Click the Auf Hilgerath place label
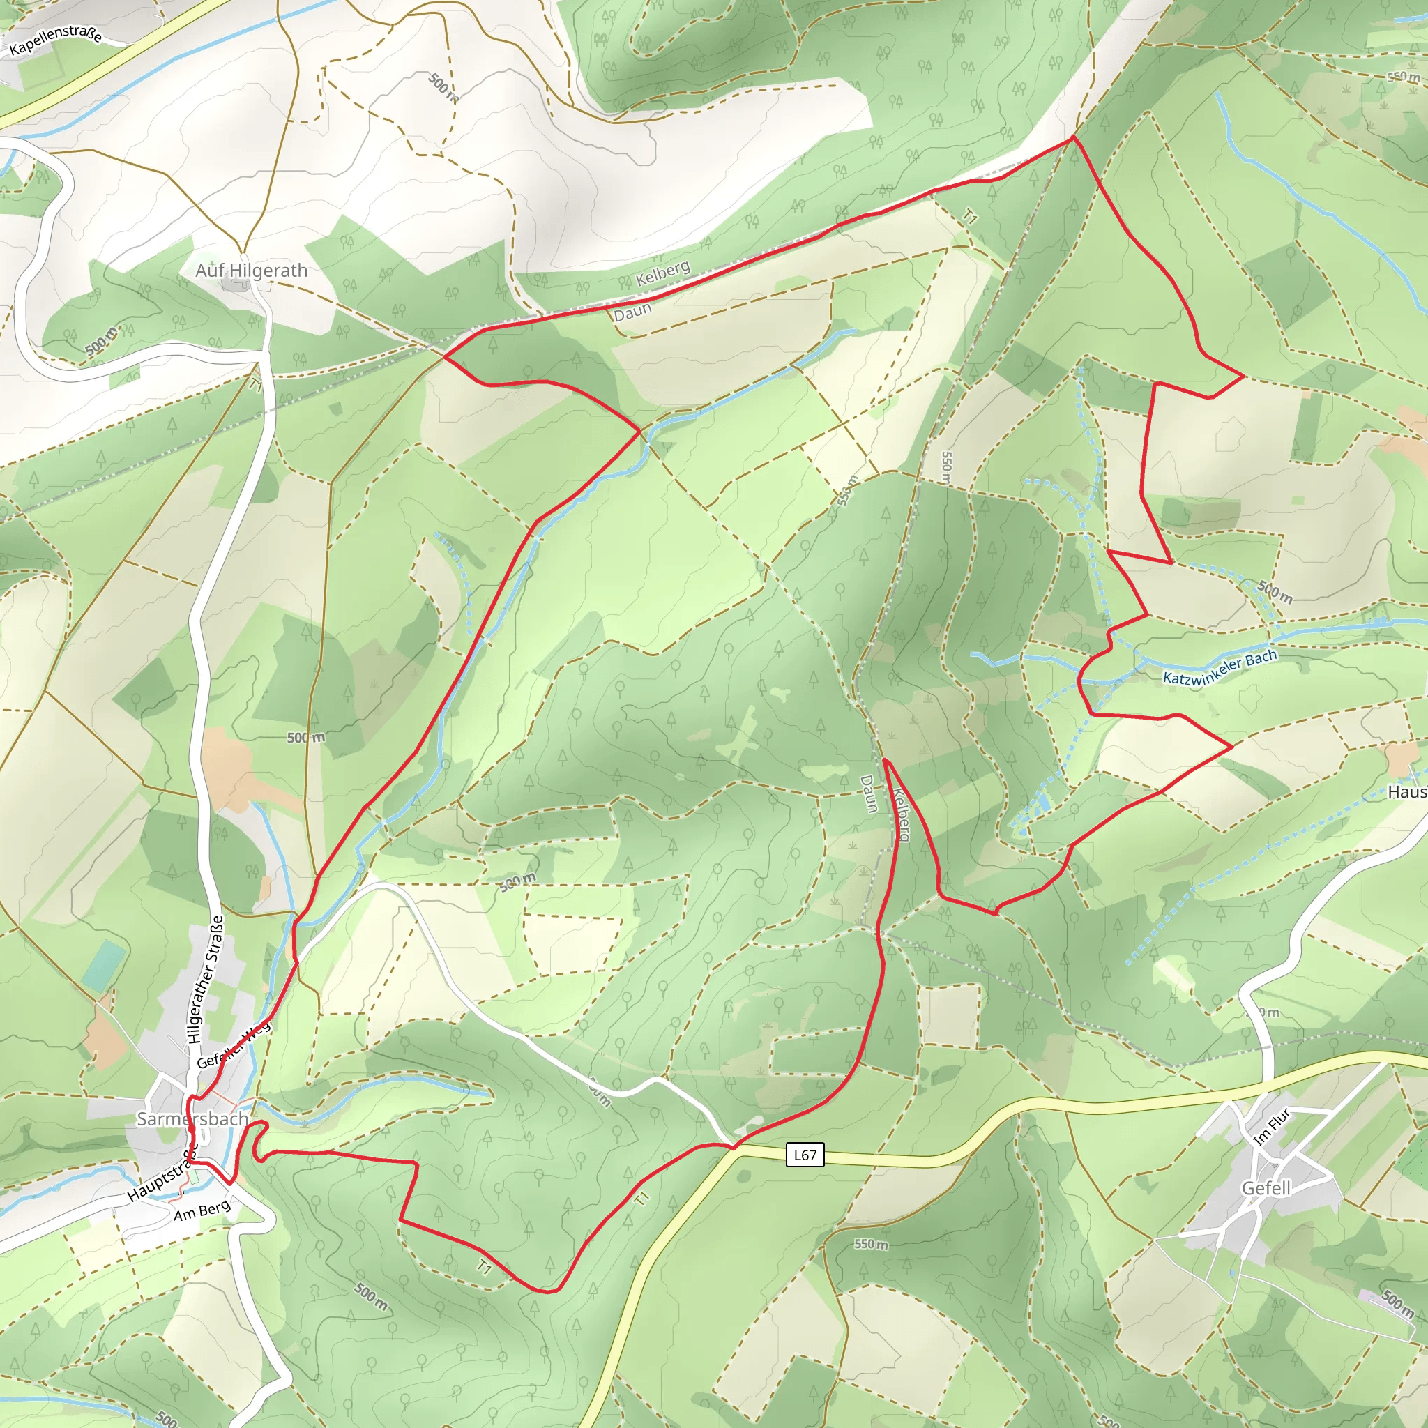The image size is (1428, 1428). [x=251, y=271]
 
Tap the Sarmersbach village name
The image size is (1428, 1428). [x=192, y=1119]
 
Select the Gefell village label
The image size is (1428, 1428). [x=1266, y=1187]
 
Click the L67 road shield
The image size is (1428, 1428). [x=805, y=1155]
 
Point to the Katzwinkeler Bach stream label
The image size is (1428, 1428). [x=1220, y=667]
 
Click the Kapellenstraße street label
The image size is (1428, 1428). [x=56, y=40]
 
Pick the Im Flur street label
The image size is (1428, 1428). [x=1271, y=1127]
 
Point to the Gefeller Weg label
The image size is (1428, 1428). [x=234, y=1045]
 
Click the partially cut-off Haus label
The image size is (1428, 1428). [x=1406, y=791]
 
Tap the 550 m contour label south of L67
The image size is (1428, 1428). [x=871, y=1245]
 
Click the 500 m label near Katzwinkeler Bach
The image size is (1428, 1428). [x=1275, y=591]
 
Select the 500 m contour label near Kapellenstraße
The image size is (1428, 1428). [x=443, y=87]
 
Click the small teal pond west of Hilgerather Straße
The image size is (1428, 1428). [x=103, y=965]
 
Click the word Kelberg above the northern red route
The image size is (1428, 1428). [x=663, y=273]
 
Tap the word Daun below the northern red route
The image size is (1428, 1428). [x=632, y=311]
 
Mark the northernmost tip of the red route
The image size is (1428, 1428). [x=1073, y=137]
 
